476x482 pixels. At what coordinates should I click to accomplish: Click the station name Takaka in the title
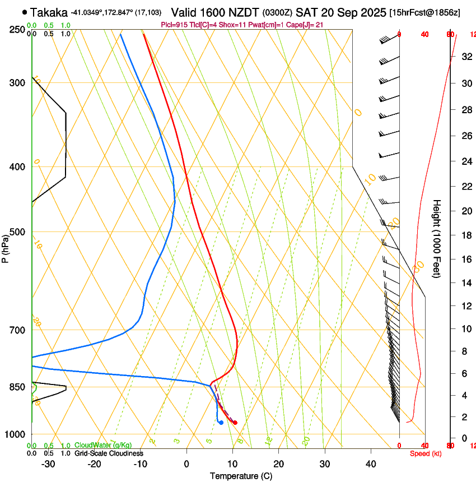pyautogui.click(x=49, y=12)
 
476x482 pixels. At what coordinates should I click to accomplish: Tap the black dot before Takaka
pyautogui.click(x=25, y=12)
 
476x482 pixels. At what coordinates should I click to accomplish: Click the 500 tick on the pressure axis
pyautogui.click(x=17, y=232)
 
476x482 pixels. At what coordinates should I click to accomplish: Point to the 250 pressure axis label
pyautogui.click(x=17, y=30)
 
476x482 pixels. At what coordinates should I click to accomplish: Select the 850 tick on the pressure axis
pyautogui.click(x=17, y=387)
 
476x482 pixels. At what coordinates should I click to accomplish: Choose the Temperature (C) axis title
pyautogui.click(x=241, y=476)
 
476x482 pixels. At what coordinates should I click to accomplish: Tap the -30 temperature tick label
pyautogui.click(x=48, y=464)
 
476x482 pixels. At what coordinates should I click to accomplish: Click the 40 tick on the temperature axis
pyautogui.click(x=371, y=464)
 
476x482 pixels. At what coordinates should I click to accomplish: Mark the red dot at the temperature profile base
pyautogui.click(x=235, y=423)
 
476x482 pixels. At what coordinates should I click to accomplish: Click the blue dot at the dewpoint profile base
pyautogui.click(x=221, y=423)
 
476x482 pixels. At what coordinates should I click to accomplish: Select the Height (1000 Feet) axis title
pyautogui.click(x=437, y=238)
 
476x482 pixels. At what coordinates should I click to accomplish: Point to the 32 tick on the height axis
pyautogui.click(x=465, y=56)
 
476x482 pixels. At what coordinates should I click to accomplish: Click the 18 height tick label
pyautogui.click(x=465, y=235)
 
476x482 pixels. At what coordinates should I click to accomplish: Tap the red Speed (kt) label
pyautogui.click(x=426, y=453)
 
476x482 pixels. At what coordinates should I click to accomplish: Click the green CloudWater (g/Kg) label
pyautogui.click(x=104, y=446)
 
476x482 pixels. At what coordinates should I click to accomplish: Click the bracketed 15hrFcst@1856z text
pyautogui.click(x=424, y=12)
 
